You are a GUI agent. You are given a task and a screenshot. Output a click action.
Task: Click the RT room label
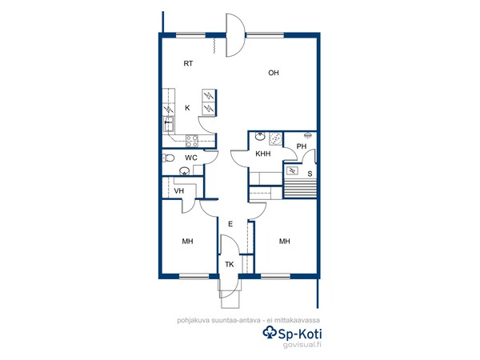point(188,64)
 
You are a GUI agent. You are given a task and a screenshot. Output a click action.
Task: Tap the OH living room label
point(274,73)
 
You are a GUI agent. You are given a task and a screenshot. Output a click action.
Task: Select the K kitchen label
point(187,108)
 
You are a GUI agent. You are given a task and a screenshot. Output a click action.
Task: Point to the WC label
point(191,158)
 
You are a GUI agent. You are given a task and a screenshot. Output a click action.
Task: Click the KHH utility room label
point(263,154)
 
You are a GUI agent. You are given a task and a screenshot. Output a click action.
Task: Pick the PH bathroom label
point(302,146)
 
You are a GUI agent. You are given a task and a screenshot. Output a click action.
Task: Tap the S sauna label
point(310,174)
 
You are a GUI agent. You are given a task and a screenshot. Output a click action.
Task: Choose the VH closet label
point(178,191)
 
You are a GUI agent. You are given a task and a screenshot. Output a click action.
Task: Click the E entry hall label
point(230,224)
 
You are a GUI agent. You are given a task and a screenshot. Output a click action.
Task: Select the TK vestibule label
point(230,264)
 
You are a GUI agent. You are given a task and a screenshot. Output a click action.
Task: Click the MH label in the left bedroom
point(188,242)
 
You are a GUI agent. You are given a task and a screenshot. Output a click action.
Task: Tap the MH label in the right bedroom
point(285,242)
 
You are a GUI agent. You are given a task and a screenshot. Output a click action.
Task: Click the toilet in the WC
point(168,158)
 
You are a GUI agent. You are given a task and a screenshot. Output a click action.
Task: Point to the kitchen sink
point(169,124)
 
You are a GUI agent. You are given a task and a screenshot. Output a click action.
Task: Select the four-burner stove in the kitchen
point(192,141)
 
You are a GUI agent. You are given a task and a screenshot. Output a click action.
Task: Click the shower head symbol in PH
point(307,134)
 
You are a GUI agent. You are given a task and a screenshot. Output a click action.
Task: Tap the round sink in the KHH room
point(260,137)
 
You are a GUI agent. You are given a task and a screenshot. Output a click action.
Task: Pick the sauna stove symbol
point(292,170)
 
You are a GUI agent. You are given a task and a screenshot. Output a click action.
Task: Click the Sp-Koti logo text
point(292,333)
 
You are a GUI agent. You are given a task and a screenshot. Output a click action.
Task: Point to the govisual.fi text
point(302,345)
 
